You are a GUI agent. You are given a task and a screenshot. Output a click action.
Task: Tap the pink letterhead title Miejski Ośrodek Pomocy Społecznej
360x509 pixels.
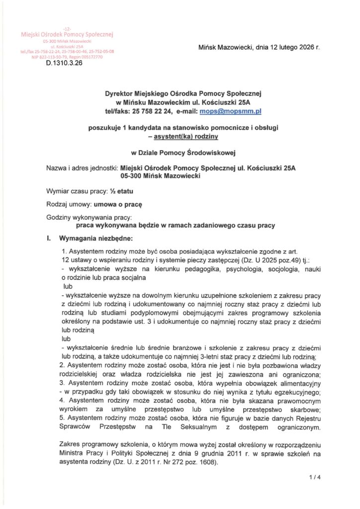(x=67, y=34)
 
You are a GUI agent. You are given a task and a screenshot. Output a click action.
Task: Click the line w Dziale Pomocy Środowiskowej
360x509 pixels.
(x=180, y=152)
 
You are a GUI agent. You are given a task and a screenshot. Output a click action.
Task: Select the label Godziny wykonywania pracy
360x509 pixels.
(x=89, y=218)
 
